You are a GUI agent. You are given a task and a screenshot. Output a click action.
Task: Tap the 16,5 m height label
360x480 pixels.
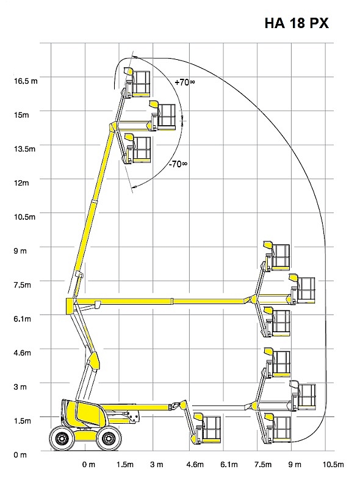pos(26,81)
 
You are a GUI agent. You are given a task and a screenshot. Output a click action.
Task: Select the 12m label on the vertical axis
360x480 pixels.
pos(21,183)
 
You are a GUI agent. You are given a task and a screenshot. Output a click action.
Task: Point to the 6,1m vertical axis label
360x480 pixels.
pos(23,319)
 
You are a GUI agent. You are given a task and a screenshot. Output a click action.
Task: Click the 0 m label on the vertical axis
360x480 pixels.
pos(20,455)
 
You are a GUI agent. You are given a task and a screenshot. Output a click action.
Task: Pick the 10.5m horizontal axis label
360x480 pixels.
pos(333,465)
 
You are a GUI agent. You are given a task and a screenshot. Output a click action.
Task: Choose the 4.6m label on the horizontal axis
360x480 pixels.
pos(195,465)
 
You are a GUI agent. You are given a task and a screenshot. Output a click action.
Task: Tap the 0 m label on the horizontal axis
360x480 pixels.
pos(88,465)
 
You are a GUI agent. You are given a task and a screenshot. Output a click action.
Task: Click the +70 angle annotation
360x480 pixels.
pos(185,82)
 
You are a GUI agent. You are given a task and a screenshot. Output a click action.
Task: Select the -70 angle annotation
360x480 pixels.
pos(178,164)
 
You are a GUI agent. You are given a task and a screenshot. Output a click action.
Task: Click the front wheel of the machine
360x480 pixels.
pos(107,439)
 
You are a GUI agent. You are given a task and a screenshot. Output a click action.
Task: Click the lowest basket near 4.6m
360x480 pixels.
pos(206,429)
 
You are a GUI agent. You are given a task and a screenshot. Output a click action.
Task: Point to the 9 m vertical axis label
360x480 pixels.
pos(20,251)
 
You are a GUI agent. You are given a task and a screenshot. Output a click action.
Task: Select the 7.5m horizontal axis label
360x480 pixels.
pos(263,465)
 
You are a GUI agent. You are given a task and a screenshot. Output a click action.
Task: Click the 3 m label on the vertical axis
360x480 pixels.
pos(20,387)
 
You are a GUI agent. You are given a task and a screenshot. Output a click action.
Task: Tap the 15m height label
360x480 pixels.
pos(21,115)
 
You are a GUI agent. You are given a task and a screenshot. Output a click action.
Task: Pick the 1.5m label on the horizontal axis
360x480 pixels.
pos(125,465)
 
